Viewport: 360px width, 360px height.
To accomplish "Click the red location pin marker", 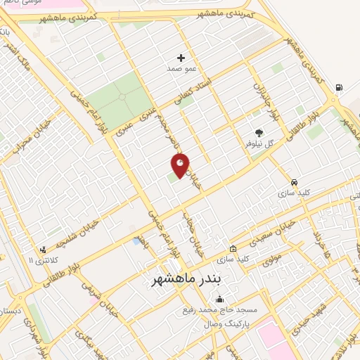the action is coord(180,166).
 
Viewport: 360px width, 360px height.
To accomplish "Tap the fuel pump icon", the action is coord(340,87).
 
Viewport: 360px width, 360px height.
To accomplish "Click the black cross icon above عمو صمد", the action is coord(181,58).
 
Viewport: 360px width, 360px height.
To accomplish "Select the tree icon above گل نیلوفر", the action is coord(259,131).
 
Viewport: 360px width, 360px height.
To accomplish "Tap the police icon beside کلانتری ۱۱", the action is coord(44,249).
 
